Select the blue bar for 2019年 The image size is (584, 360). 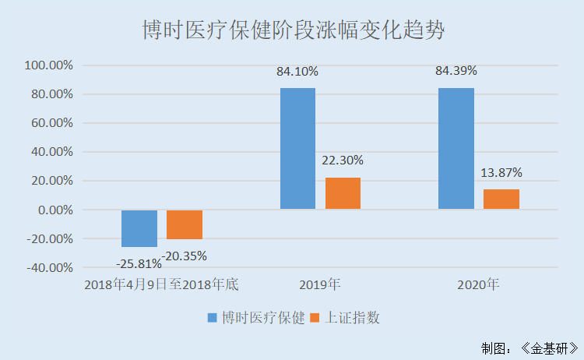tap(297, 148)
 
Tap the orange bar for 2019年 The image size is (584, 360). tap(343, 193)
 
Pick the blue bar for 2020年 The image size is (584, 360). tap(456, 148)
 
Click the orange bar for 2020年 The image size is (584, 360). tap(501, 199)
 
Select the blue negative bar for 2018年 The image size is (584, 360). tap(139, 228)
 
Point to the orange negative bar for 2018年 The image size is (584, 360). tap(185, 224)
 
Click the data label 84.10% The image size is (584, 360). tap(297, 72)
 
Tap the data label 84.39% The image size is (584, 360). tap(456, 71)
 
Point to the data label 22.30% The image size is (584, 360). tap(343, 161)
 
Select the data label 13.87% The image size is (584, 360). tap(501, 172)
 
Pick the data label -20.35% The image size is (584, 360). tap(185, 255)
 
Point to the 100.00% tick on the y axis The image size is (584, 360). tap(48, 65)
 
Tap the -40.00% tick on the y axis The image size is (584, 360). tap(48, 267)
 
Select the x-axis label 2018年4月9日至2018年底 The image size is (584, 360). tap(161, 284)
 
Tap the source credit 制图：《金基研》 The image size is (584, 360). tap(529, 347)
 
